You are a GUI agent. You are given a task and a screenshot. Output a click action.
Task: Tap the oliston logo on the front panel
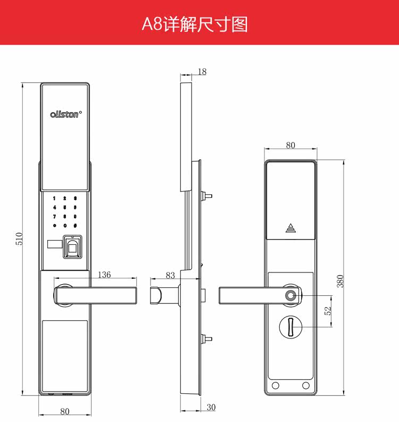point(65,114)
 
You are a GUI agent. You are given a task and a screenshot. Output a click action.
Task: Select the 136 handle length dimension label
point(105,275)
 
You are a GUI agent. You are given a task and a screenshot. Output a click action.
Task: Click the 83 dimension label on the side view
point(170,275)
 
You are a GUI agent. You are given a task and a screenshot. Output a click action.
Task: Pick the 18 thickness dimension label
point(202,72)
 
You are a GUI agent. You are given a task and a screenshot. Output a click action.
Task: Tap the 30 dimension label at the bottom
point(211,408)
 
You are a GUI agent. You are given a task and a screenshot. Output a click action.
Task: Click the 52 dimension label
point(328,310)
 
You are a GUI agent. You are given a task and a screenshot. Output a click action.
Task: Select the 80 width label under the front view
point(64,411)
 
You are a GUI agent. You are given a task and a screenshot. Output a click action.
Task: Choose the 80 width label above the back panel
point(290,145)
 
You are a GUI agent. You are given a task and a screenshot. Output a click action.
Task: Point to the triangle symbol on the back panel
point(290,228)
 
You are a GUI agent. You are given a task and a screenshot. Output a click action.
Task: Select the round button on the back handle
point(290,296)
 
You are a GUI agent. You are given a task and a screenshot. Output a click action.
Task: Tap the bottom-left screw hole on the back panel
point(276,385)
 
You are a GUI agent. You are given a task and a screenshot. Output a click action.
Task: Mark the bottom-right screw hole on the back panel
point(306,385)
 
